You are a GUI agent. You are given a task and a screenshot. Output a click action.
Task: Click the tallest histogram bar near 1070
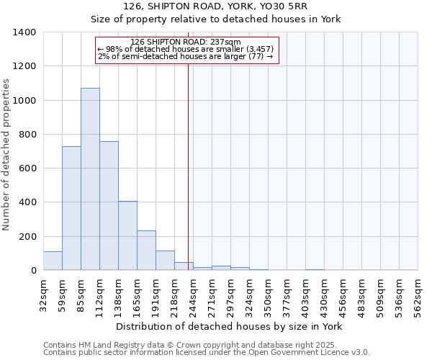(90, 179)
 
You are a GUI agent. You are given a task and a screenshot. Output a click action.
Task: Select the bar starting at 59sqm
(71, 208)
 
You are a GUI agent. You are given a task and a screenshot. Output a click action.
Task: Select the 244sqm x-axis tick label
(194, 294)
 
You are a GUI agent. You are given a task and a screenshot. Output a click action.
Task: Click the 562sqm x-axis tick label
(418, 294)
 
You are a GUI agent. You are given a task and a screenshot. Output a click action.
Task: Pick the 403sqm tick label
(306, 294)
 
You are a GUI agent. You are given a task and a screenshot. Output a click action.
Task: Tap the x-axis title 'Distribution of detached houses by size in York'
(229, 326)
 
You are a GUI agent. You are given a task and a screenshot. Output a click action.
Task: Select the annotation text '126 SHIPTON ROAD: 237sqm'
(186, 42)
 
